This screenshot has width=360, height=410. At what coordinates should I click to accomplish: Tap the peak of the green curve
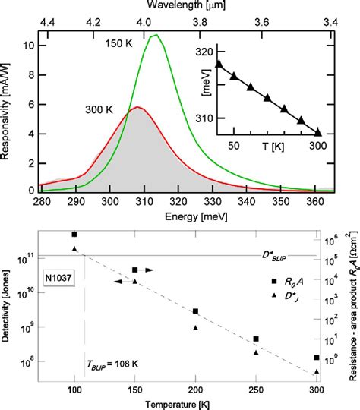(156, 35)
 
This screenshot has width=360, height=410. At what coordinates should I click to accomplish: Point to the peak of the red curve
(136, 107)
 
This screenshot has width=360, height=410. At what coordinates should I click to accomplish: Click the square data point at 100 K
(74, 235)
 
